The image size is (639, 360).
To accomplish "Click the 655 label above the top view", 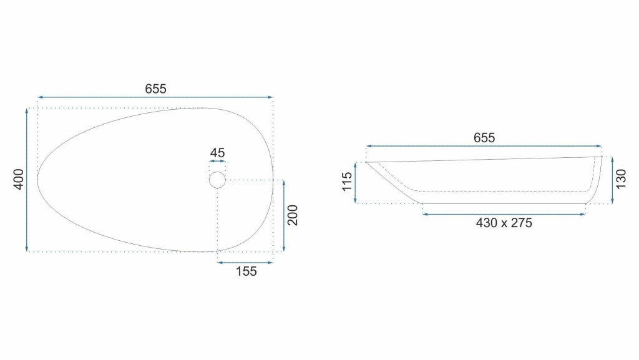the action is pyautogui.click(x=155, y=89).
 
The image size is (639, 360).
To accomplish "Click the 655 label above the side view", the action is pyautogui.click(x=484, y=138).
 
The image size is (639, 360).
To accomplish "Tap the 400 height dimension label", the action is pyautogui.click(x=19, y=179).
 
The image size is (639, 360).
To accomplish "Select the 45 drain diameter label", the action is pyautogui.click(x=217, y=153).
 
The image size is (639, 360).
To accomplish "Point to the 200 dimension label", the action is pyautogui.click(x=293, y=215).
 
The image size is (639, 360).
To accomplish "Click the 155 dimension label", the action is pyautogui.click(x=246, y=271).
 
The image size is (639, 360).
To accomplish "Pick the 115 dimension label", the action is pyautogui.click(x=347, y=182).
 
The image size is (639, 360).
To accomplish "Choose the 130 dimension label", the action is pyautogui.click(x=621, y=179).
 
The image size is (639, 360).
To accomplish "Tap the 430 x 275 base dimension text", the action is pyautogui.click(x=504, y=223).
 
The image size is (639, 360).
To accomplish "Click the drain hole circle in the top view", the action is pyautogui.click(x=217, y=172).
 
